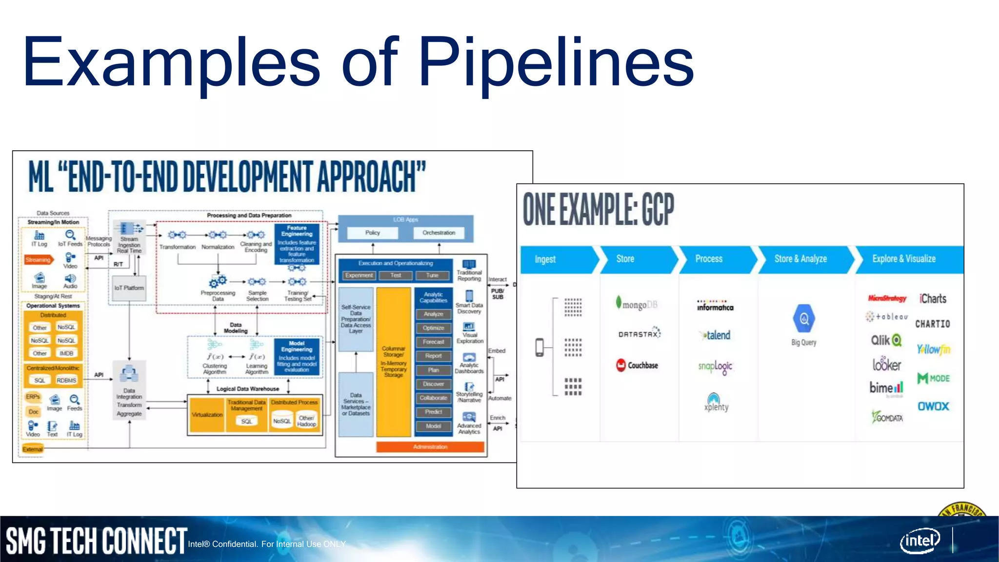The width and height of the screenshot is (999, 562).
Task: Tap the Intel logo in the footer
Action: click(x=920, y=541)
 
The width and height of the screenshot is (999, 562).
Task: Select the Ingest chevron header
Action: click(x=556, y=259)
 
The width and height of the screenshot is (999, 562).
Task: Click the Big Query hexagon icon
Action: click(x=804, y=319)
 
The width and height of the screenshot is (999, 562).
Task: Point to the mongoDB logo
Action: click(x=637, y=304)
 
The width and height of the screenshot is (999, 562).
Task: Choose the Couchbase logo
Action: click(x=637, y=365)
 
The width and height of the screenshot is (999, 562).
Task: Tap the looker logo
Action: click(x=886, y=364)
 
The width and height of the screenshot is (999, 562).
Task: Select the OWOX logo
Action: click(x=933, y=406)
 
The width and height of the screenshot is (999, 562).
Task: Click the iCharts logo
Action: click(x=933, y=299)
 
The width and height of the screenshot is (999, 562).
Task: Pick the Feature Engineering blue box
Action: click(x=297, y=244)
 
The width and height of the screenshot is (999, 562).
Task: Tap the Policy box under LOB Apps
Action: click(x=372, y=233)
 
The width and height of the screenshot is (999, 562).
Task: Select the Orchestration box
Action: click(x=439, y=233)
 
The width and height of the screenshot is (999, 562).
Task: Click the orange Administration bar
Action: click(x=430, y=446)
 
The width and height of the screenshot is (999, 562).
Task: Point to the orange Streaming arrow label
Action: click(x=39, y=260)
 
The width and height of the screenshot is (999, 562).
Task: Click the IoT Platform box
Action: click(x=129, y=288)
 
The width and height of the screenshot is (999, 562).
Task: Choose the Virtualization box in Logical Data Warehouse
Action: click(x=207, y=415)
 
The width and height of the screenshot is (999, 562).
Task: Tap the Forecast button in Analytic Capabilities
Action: click(x=433, y=342)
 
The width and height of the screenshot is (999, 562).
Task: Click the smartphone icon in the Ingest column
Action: click(x=539, y=347)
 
